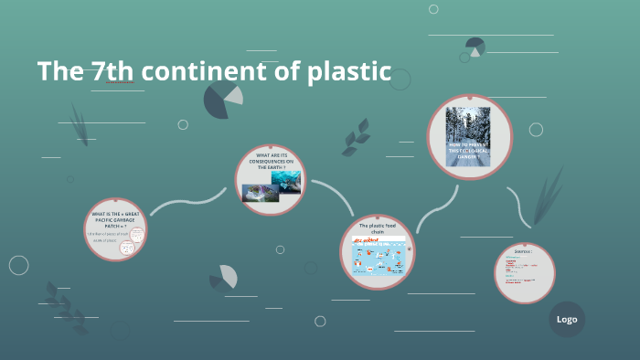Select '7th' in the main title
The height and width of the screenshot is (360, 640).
[x=113, y=71]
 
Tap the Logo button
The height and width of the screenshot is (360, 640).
[x=567, y=319]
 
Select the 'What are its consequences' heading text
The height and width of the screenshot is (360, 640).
[x=271, y=162]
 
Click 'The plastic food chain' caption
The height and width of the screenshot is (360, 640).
[x=378, y=228]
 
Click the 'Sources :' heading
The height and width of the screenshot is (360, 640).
[x=524, y=249]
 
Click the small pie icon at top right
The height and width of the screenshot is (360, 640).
[x=475, y=47]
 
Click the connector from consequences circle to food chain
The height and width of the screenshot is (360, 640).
[x=337, y=194]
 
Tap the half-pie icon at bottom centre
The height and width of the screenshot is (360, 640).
[x=223, y=276]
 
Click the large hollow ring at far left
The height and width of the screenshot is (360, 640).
[x=18, y=265]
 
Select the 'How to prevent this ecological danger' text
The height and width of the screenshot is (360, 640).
[x=469, y=152]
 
